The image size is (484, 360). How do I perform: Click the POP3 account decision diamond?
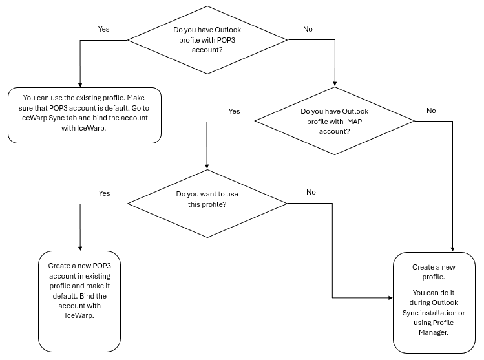coord(207,40)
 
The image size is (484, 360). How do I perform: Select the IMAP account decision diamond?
coord(335,121)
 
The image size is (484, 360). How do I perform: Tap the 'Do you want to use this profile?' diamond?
coord(207,204)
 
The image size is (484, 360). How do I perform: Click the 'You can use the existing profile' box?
coord(85,115)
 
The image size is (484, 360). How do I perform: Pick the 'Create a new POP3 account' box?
coord(79,301)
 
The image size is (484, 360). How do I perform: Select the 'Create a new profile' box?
coord(434,302)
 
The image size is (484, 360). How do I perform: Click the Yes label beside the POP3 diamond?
coord(103,29)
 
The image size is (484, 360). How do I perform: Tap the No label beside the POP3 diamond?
coord(308,29)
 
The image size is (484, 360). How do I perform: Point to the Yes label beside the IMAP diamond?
coord(235,111)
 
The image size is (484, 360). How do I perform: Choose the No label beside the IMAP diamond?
coord(431,111)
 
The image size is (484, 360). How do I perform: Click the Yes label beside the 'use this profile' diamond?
coord(104,193)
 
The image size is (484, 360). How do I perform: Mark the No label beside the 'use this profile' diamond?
coord(311,192)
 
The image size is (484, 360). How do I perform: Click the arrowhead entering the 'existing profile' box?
coord(80,85)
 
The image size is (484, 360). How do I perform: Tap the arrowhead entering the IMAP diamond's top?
coord(335,83)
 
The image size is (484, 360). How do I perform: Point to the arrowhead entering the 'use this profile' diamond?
coord(207,167)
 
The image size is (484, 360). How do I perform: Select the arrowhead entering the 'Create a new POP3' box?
coord(80,249)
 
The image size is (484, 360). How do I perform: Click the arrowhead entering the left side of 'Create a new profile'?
coord(390,298)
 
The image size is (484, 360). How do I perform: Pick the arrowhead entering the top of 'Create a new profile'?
coord(452,249)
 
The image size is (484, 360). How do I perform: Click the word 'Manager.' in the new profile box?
coord(434,332)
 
